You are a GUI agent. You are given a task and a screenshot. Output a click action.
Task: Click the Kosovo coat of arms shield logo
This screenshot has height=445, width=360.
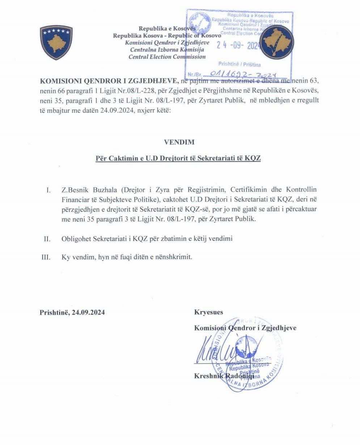[56, 43]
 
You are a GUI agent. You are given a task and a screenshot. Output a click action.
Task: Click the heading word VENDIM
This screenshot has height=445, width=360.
[179, 142]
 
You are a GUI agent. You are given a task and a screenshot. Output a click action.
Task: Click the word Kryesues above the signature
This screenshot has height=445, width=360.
[208, 312]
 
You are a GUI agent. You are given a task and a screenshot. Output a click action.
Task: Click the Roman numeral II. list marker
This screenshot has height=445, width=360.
[46, 239]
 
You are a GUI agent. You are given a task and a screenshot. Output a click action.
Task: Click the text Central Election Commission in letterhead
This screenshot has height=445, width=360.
[167, 56]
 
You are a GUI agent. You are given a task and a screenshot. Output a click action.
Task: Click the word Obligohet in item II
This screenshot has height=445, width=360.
[76, 239]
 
